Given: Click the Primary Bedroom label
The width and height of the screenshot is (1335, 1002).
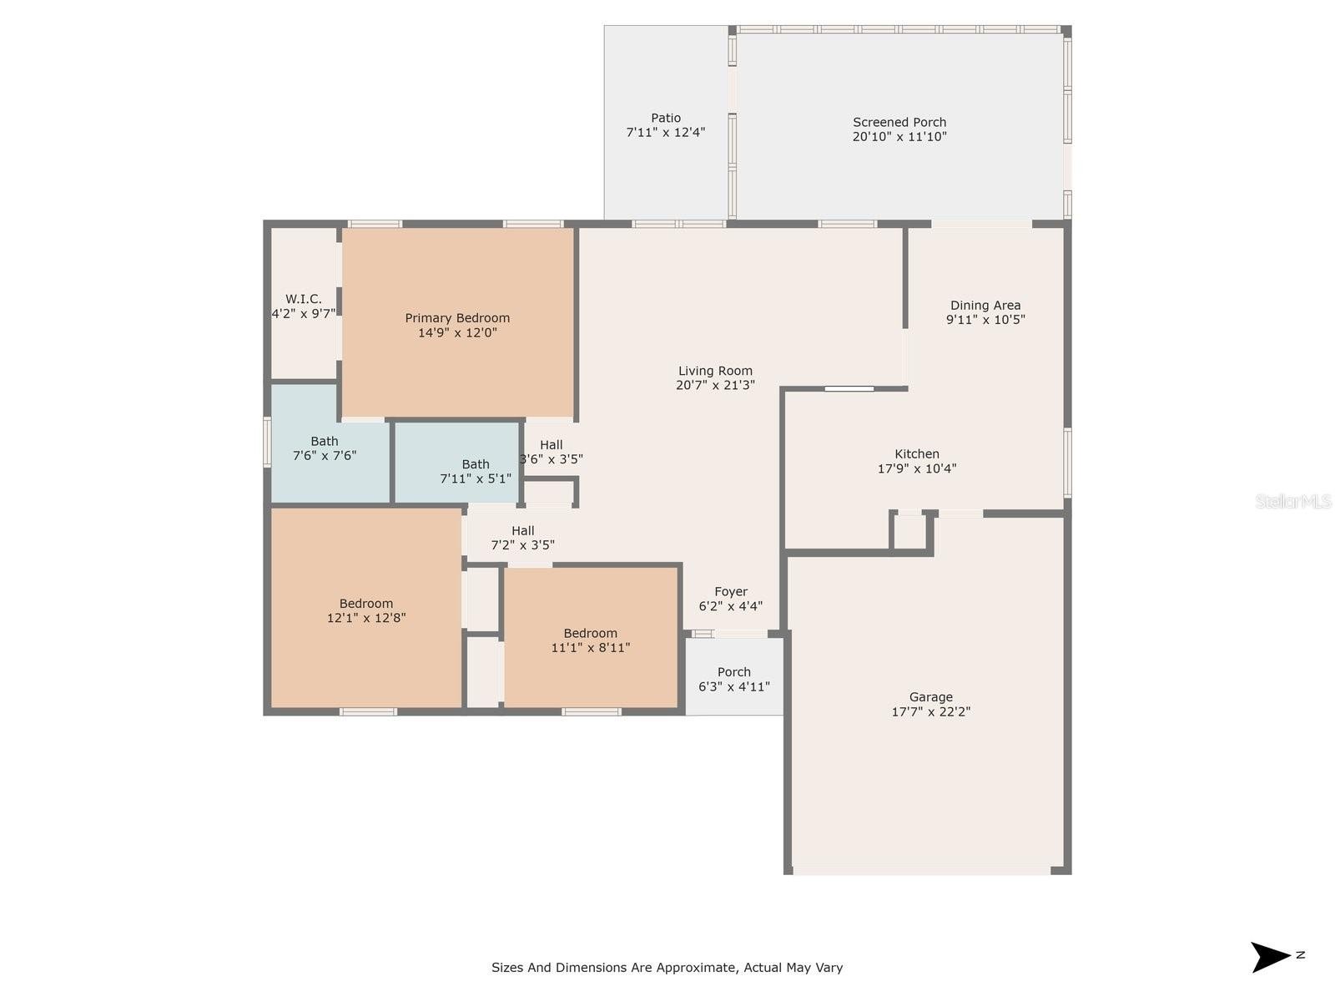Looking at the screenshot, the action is point(456,317).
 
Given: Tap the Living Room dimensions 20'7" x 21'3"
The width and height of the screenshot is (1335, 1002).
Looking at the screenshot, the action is point(715,385).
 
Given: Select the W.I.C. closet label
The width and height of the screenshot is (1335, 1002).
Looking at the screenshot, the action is point(304,299).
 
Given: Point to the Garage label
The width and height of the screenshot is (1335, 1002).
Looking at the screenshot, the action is point(930,697).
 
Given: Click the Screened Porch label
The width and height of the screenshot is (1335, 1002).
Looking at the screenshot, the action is point(899,122).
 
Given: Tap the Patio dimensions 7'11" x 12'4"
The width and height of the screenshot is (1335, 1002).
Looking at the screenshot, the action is point(665,132).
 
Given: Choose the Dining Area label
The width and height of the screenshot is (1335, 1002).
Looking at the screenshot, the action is point(985,306).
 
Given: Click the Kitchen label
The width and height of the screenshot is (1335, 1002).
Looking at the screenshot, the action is point(916,454).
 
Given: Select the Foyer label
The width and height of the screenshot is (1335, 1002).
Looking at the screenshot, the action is point(730,591).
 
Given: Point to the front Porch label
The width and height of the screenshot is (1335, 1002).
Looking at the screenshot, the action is point(733,671).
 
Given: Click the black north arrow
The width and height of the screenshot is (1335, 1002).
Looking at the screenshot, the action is point(1270,958).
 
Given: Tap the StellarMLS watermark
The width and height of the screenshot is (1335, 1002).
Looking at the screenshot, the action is point(1293,501).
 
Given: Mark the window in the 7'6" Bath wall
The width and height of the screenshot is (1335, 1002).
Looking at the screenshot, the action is point(267,442).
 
